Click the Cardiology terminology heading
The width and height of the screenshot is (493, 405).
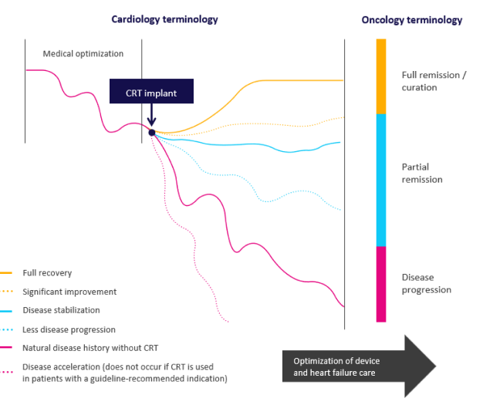(164, 19)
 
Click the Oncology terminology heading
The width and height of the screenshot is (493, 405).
(412, 19)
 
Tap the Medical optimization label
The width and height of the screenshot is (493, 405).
(83, 53)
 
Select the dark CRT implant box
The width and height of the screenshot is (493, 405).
(151, 93)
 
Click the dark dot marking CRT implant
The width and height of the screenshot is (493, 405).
(152, 133)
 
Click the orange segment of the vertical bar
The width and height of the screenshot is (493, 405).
(380, 76)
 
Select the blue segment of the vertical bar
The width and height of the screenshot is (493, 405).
(380, 180)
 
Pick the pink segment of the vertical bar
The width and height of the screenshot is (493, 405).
(380, 283)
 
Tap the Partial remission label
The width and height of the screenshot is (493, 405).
(421, 173)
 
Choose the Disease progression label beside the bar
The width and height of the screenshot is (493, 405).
(427, 283)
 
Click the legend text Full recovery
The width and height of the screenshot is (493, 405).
(47, 273)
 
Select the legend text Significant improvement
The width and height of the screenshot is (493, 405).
(69, 292)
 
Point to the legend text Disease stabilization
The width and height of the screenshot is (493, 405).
(61, 310)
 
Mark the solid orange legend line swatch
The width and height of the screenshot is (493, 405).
(7, 273)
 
